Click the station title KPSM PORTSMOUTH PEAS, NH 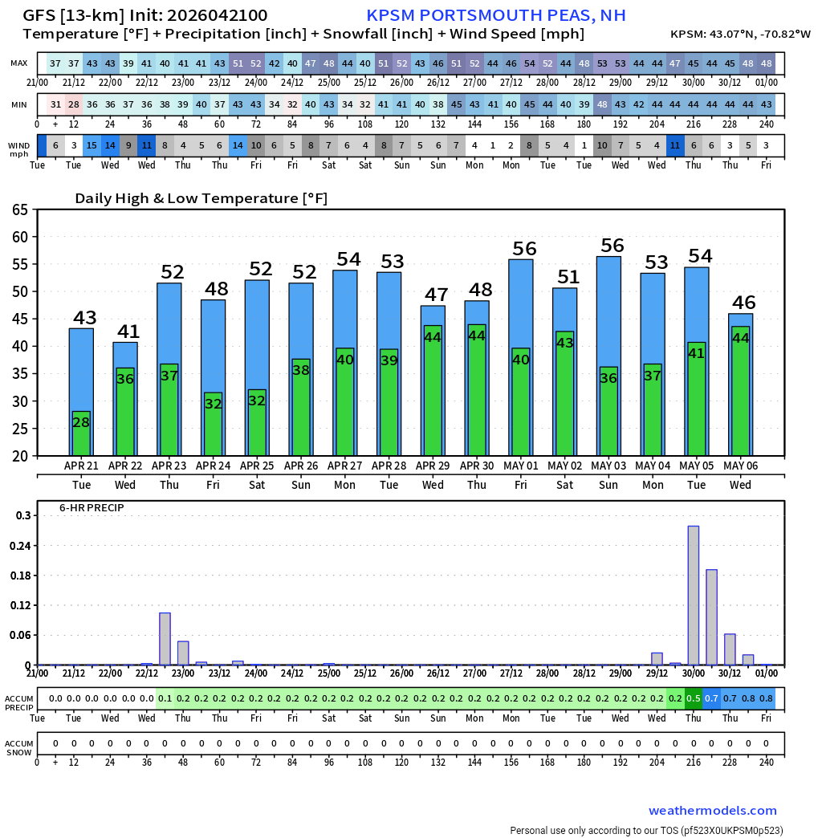point(495,15)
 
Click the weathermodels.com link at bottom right point(712,811)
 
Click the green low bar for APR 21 point(81,433)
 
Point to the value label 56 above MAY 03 point(612,246)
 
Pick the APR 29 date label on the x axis point(433,466)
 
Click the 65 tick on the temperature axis point(19,209)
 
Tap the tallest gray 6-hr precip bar point(693,595)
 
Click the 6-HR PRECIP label point(92,508)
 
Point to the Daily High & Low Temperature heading point(201,198)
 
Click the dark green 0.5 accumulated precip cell point(693,698)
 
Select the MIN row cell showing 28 point(74,105)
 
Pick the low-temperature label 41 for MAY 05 point(696,353)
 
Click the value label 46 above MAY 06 point(743,303)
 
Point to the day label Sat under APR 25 point(257,485)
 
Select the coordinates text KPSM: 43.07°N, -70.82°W point(740,35)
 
